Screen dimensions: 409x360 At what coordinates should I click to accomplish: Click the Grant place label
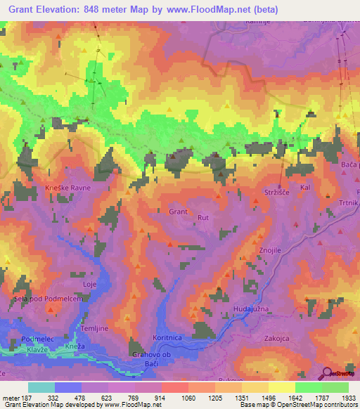coord(178,211)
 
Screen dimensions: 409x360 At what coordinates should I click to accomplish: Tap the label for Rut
coord(204,217)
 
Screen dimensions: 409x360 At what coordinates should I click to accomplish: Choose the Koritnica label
coord(173,337)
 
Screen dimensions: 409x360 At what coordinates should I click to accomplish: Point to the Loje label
coord(89,284)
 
